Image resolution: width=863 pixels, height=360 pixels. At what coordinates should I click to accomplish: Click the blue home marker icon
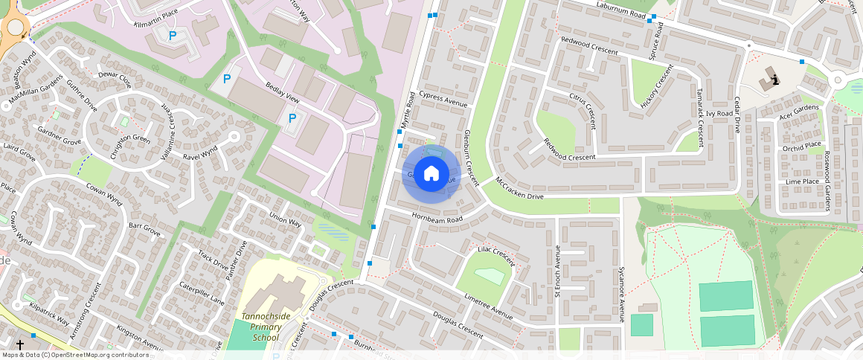(431, 174)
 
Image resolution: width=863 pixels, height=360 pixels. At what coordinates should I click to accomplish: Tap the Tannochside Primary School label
(255, 327)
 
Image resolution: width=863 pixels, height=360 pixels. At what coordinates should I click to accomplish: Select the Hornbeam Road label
(438, 218)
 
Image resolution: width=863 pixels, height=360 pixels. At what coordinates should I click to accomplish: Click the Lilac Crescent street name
(496, 256)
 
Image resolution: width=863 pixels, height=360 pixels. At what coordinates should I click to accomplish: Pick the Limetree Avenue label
(488, 306)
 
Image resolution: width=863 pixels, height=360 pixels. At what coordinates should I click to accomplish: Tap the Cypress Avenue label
(443, 100)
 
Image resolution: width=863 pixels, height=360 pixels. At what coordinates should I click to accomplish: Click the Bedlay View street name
(282, 94)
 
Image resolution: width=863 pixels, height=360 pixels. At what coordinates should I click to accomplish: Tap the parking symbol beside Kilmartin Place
(173, 35)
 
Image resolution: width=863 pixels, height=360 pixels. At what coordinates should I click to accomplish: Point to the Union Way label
(285, 220)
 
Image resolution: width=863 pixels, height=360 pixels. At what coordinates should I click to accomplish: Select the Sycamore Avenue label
(622, 291)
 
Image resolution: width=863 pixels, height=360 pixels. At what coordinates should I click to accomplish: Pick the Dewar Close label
(115, 78)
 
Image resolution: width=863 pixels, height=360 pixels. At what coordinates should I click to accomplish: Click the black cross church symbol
(20, 345)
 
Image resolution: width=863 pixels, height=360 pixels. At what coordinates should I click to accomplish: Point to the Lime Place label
(802, 181)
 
